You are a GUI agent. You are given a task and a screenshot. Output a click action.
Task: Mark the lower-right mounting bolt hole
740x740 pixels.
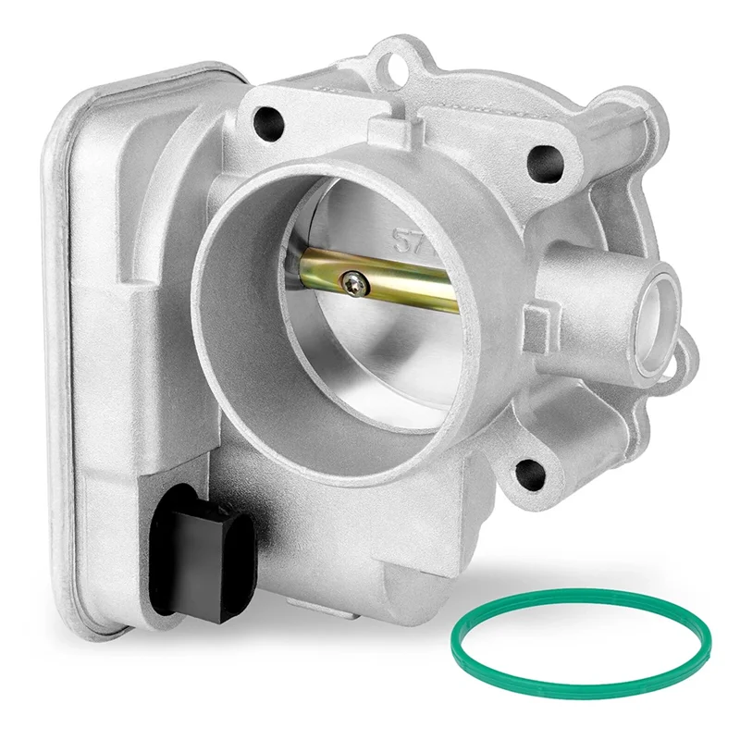[x=528, y=472]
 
